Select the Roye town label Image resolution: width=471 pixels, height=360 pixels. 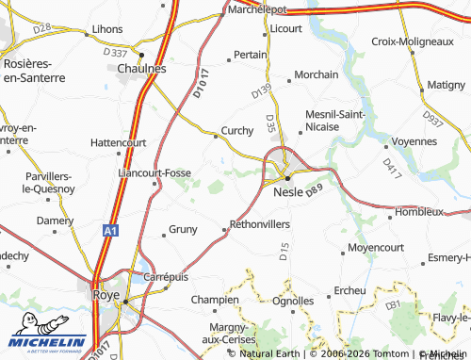click(x=107, y=294)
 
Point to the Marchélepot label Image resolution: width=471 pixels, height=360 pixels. click(x=258, y=8)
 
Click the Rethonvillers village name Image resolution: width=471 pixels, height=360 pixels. click(x=259, y=225)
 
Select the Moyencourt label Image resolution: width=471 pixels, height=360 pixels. click(x=374, y=247)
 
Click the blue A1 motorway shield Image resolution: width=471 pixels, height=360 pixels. click(x=110, y=230)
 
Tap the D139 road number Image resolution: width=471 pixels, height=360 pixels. click(x=261, y=91)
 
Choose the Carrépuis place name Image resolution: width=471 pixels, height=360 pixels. click(x=166, y=277)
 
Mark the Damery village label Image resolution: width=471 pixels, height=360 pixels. click(x=55, y=220)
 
